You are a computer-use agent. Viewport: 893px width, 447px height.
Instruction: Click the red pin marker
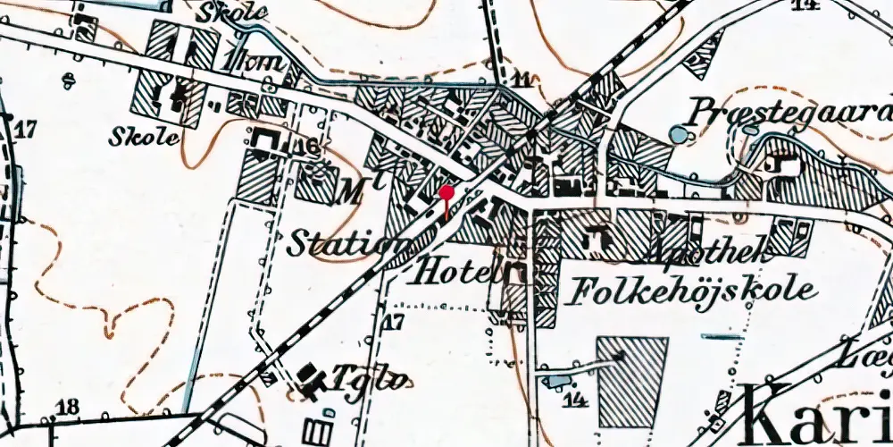446,192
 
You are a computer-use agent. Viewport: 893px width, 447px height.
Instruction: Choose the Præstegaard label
790,114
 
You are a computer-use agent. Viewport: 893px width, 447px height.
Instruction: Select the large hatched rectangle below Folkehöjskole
632,373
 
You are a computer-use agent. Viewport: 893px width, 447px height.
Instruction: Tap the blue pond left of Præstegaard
679,135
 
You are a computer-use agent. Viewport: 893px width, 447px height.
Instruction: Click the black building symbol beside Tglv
312,381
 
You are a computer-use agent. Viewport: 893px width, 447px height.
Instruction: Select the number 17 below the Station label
394,322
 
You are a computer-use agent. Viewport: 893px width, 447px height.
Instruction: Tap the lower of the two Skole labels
144,137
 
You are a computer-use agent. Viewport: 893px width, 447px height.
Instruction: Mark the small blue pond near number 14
554,382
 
